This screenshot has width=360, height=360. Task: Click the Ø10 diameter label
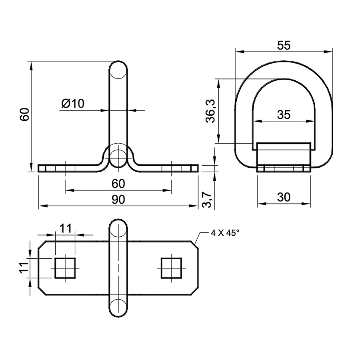pyautogui.click(x=73, y=104)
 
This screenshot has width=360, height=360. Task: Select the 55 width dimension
pyautogui.click(x=284, y=46)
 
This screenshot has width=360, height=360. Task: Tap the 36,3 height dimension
pyautogui.click(x=210, y=111)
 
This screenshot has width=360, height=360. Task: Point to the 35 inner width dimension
pyautogui.click(x=284, y=115)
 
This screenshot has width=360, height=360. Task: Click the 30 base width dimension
pyautogui.click(x=284, y=198)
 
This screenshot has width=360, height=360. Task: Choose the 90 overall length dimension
pyautogui.click(x=118, y=200)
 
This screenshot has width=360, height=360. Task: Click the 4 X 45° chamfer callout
pyautogui.click(x=225, y=233)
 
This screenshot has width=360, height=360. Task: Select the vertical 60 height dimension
pyautogui.click(x=24, y=114)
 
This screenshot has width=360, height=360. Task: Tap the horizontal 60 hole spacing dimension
pyautogui.click(x=118, y=184)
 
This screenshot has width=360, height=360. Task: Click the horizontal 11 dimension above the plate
pyautogui.click(x=66, y=228)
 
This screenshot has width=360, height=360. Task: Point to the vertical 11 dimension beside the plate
pyautogui.click(x=24, y=268)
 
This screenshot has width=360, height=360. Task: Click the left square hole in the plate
pyautogui.click(x=65, y=268)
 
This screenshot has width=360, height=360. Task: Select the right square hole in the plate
pyautogui.click(x=171, y=268)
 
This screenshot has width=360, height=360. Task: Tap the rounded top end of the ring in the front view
pyautogui.click(x=118, y=62)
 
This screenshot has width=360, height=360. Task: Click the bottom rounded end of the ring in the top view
pyautogui.click(x=118, y=317)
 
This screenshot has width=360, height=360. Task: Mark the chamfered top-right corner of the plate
pyautogui.click(x=195, y=245)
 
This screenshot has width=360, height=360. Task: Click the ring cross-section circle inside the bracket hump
pyautogui.click(x=118, y=159)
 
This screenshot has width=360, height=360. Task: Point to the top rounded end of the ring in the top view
pyautogui.click(x=118, y=220)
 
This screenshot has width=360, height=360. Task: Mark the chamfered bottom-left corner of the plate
pyautogui.click(x=42, y=291)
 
